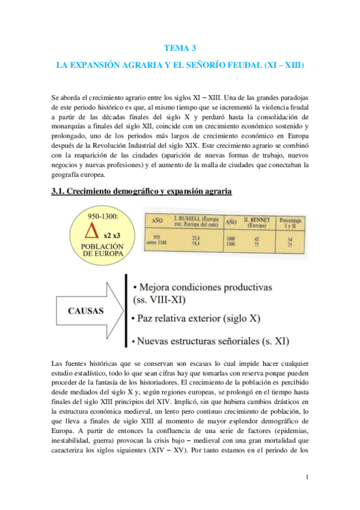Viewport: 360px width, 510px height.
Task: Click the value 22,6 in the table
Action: (195, 238)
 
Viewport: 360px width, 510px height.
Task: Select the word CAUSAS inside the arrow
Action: (85, 312)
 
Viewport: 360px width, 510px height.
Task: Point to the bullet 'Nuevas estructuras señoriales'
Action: (212, 342)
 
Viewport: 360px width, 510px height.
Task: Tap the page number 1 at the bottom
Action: (307, 478)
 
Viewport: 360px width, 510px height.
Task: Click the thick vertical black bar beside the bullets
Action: (125, 312)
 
